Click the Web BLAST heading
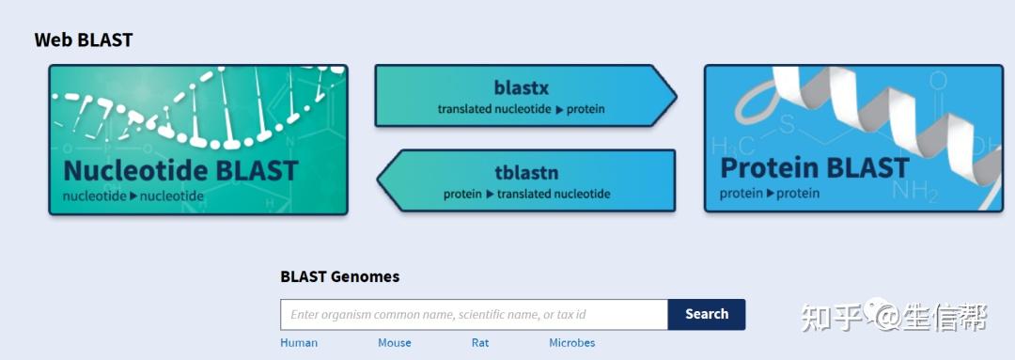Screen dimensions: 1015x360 point(84,40)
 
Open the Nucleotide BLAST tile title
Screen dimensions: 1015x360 point(180,170)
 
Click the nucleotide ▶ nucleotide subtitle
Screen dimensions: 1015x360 point(133,196)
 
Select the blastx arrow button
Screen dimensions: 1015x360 point(525,96)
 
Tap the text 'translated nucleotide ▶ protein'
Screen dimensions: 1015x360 point(521,109)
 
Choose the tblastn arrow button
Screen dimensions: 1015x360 point(525,180)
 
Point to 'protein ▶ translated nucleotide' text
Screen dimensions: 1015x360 point(527,194)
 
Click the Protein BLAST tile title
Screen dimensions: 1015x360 point(814,168)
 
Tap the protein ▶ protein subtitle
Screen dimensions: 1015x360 point(770,193)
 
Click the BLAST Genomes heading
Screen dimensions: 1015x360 point(340,276)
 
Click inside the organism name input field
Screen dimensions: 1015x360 point(474,315)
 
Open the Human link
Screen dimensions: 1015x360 point(299,342)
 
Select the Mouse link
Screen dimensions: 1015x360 point(394,342)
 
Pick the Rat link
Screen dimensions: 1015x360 point(480,342)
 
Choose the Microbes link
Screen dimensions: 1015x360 point(572,342)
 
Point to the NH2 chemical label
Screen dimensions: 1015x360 point(914,191)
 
